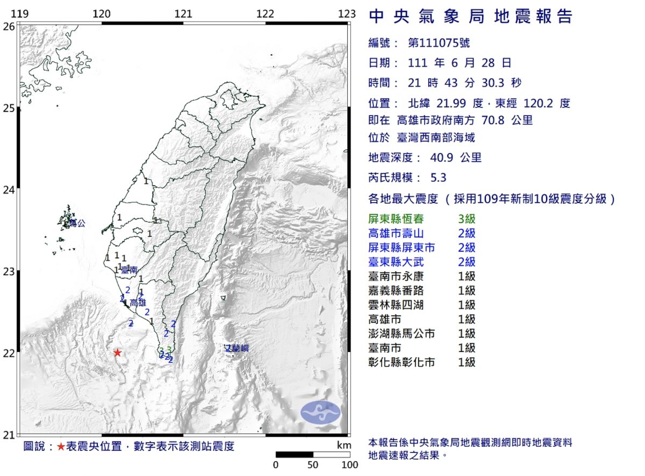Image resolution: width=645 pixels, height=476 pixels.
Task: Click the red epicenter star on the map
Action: [x=117, y=353]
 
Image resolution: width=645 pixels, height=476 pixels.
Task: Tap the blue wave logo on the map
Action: [x=320, y=413]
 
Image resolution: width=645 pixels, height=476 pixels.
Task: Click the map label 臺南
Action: [x=129, y=269]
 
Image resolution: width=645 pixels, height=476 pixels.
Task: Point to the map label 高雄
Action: [x=138, y=303]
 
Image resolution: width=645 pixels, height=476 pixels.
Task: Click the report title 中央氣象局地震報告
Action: [x=471, y=17]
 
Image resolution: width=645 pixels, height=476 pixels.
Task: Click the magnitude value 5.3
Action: [x=439, y=178]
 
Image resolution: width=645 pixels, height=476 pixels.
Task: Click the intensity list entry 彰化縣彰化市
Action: [x=402, y=362]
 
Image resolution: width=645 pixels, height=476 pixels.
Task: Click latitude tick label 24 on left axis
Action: [x=9, y=190]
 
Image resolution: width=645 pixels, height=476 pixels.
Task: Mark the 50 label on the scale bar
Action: [x=313, y=465]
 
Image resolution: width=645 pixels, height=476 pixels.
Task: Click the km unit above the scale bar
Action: [x=344, y=445]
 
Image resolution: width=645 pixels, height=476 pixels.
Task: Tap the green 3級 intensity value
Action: [x=467, y=219]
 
